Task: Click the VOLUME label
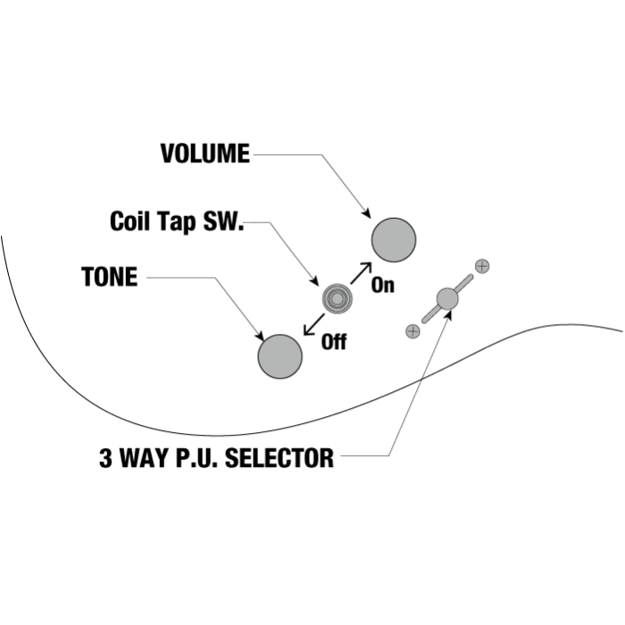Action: click(x=204, y=154)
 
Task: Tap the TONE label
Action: click(x=109, y=277)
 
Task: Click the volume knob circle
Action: click(x=394, y=239)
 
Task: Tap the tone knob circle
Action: click(x=280, y=356)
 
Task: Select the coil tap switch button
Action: click(x=337, y=298)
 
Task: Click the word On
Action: click(x=383, y=287)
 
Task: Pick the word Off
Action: click(x=333, y=342)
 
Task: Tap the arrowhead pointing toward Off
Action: click(x=308, y=329)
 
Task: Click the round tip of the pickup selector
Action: click(x=447, y=298)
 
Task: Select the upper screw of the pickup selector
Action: click(x=482, y=265)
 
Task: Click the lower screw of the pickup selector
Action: click(x=412, y=331)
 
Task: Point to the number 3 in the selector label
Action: click(x=105, y=460)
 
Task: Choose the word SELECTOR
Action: click(x=280, y=460)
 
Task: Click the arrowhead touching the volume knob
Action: click(x=366, y=213)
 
